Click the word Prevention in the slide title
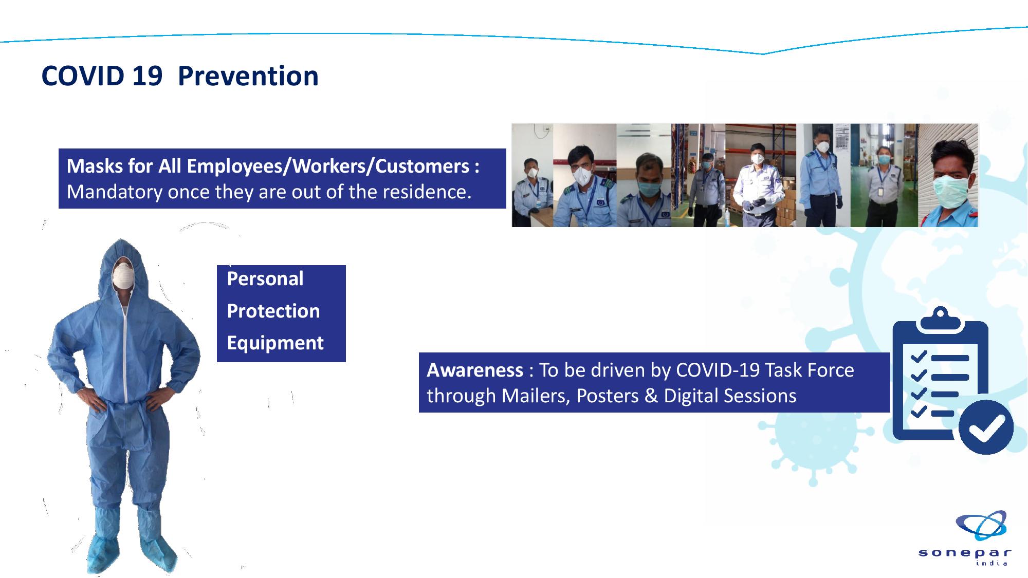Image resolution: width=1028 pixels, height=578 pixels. (248, 76)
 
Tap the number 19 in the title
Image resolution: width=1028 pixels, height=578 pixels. (147, 76)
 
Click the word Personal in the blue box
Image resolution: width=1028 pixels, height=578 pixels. (265, 279)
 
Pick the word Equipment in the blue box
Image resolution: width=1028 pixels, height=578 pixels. (276, 343)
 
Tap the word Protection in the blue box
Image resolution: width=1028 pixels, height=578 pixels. (273, 311)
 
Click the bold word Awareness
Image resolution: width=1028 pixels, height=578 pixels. (475, 370)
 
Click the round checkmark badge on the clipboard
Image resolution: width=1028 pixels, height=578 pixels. (985, 426)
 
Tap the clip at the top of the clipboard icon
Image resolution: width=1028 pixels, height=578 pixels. (940, 319)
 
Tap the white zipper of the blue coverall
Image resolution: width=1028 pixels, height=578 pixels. (124, 355)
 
